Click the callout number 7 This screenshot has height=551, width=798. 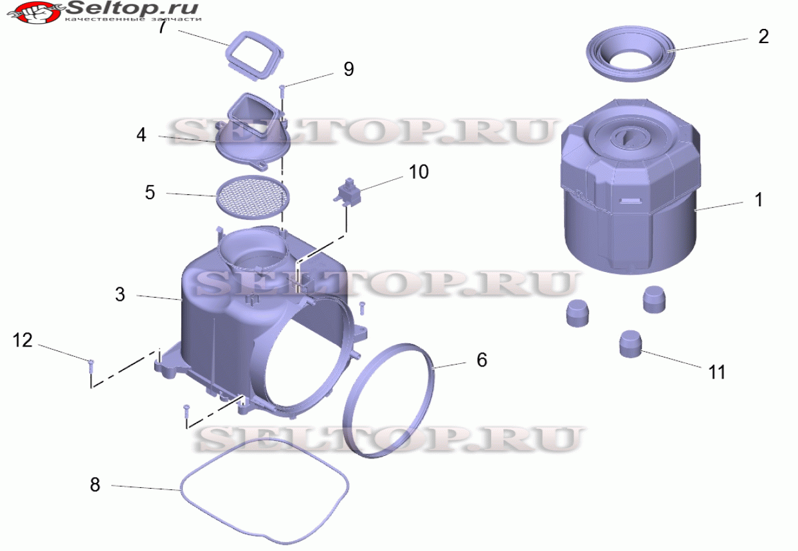(x=163, y=27)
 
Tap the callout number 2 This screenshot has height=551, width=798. (x=763, y=37)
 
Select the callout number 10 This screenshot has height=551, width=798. (x=419, y=172)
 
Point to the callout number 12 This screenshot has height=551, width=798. (x=23, y=340)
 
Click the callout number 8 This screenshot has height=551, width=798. (x=95, y=485)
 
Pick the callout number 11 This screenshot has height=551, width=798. (x=717, y=372)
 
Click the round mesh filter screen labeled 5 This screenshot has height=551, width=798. (x=253, y=197)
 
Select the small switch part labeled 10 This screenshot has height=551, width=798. (x=348, y=192)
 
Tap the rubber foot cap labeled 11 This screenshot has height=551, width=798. (x=631, y=344)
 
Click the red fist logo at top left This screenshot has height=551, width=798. (x=35, y=12)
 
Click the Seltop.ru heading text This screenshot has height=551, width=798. (x=132, y=8)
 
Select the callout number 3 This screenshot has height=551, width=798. (x=120, y=294)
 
